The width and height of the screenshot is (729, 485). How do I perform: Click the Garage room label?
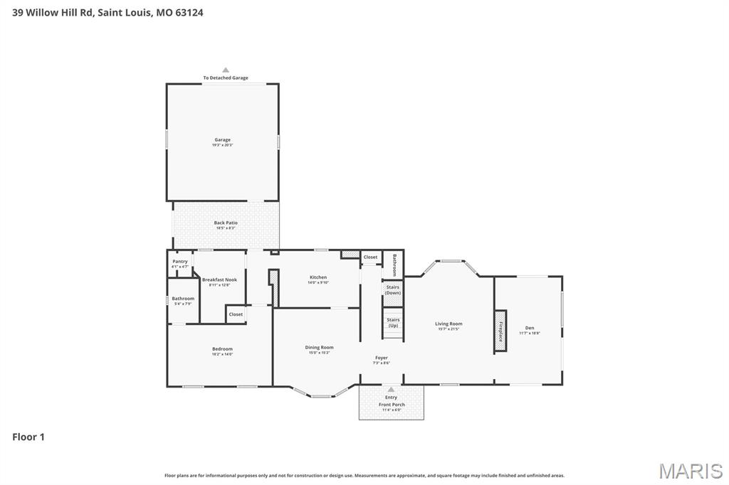(x=221, y=140)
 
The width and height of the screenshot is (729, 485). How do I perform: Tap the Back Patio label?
(x=226, y=223)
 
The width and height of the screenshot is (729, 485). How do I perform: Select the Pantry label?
(x=180, y=262)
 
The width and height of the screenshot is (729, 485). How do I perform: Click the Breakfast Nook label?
(x=219, y=280)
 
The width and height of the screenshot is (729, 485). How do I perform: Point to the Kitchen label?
(x=318, y=277)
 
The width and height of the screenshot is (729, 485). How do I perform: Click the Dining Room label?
(x=319, y=348)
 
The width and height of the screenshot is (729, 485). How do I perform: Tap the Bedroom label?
(x=222, y=349)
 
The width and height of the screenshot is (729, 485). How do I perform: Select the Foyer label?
(x=382, y=358)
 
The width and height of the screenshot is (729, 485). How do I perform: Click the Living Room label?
(x=449, y=324)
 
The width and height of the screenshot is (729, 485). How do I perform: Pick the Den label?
(x=530, y=328)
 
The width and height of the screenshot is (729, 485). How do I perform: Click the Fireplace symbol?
(x=500, y=331)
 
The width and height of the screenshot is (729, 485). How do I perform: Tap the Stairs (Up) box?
(x=393, y=322)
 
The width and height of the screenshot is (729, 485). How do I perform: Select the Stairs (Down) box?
(x=393, y=289)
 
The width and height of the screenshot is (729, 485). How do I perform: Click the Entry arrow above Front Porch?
(x=391, y=390)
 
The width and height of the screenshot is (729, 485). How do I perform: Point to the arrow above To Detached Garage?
(x=226, y=70)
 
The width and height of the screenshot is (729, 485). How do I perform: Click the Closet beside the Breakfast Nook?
(x=236, y=314)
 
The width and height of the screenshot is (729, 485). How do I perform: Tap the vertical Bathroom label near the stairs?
(x=394, y=265)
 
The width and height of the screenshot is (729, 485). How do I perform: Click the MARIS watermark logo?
(x=690, y=470)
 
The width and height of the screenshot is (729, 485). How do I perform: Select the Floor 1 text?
(x=28, y=437)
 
